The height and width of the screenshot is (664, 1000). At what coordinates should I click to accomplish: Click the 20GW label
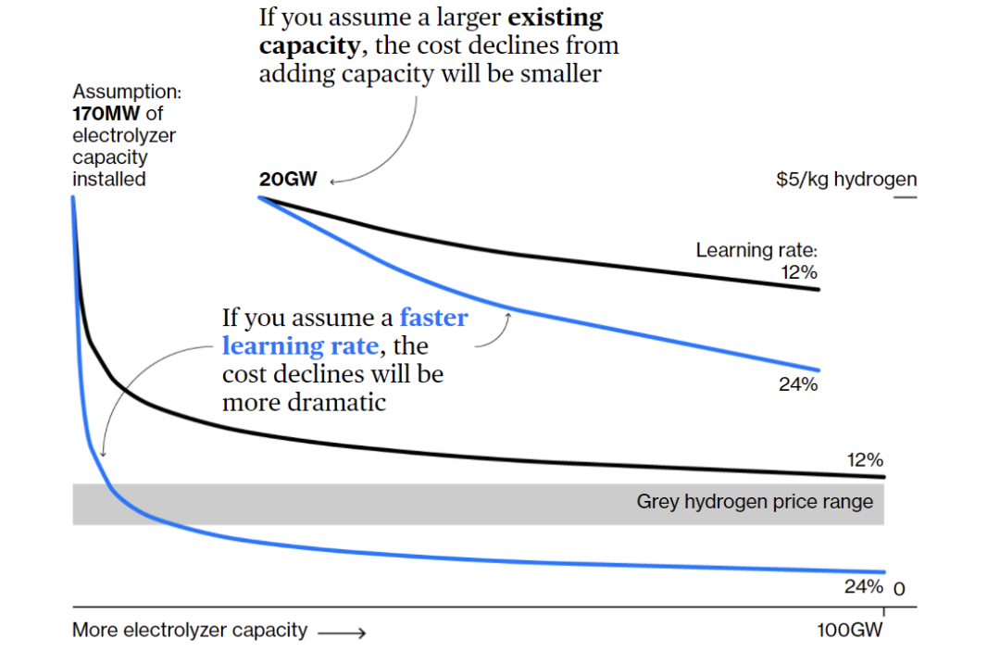click(x=287, y=180)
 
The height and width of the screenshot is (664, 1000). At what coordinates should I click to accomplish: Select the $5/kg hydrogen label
click(x=846, y=180)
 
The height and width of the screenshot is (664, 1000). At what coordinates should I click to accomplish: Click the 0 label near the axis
click(x=897, y=589)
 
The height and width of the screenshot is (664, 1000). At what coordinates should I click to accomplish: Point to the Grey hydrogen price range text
click(x=754, y=502)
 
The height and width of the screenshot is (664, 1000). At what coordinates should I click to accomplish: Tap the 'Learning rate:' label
click(x=757, y=250)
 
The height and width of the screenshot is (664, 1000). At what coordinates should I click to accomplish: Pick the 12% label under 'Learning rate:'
click(x=799, y=272)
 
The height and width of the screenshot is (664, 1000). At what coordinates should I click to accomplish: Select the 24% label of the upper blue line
click(x=798, y=384)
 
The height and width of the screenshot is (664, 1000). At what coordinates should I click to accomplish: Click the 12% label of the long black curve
click(x=865, y=460)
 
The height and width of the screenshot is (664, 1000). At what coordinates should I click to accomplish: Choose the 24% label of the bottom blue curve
click(x=863, y=586)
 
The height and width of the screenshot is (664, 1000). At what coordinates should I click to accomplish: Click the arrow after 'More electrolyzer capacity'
click(x=342, y=633)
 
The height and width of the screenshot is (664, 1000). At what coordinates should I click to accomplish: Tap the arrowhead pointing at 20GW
click(x=334, y=182)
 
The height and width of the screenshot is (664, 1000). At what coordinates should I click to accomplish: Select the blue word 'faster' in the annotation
click(x=433, y=319)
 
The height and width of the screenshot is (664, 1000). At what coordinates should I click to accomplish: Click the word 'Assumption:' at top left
click(x=127, y=93)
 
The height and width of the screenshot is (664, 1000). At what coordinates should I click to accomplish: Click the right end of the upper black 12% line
click(x=819, y=290)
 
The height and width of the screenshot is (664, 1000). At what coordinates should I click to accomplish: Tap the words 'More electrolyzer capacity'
click(x=190, y=631)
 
